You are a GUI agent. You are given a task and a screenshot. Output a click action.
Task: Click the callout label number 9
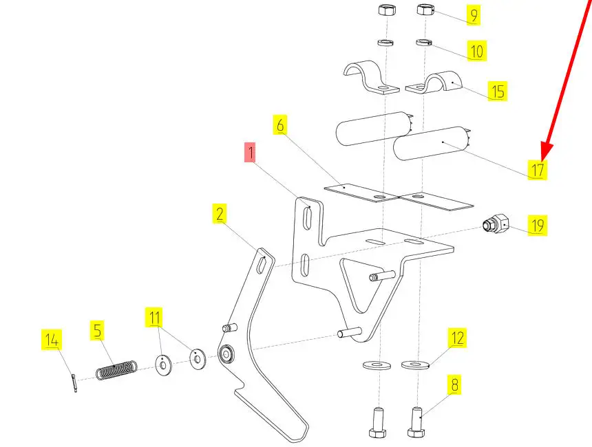(473, 14)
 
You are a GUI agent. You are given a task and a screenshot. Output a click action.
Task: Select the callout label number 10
(476, 50)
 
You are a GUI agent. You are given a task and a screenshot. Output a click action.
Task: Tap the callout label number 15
(497, 91)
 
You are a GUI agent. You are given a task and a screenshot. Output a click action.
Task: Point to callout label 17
(537, 170)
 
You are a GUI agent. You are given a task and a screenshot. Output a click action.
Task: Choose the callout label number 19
(537, 225)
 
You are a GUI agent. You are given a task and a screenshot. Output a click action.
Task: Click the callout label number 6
(280, 125)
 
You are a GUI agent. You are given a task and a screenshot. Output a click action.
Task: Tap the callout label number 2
(220, 215)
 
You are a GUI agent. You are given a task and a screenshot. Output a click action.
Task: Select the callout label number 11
(155, 318)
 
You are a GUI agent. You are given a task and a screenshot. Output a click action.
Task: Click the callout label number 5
(98, 331)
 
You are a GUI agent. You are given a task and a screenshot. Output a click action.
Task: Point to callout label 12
(458, 338)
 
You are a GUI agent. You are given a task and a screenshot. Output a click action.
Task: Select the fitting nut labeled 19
(495, 224)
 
